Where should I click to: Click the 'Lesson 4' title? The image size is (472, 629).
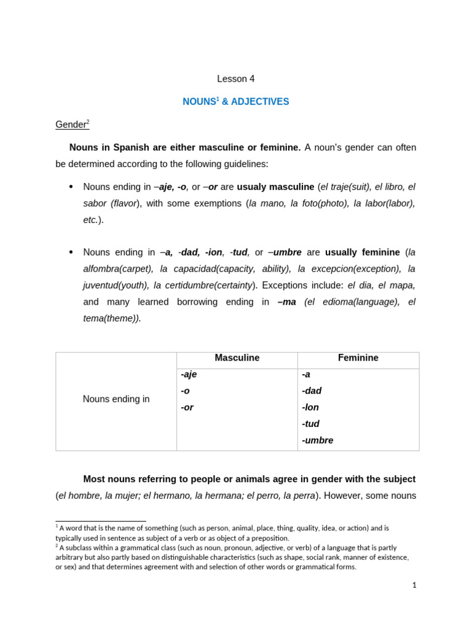pyautogui.click(x=235, y=79)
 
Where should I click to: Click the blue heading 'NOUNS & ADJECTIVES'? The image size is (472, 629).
pyautogui.click(x=235, y=102)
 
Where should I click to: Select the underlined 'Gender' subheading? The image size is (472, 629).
pyautogui.click(x=71, y=125)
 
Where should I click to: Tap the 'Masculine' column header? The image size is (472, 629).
pyautogui.click(x=237, y=358)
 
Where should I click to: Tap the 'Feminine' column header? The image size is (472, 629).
pyautogui.click(x=358, y=358)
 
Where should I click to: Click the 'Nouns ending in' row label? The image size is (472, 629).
pyautogui.click(x=116, y=399)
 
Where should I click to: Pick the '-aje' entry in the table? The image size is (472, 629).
pyautogui.click(x=189, y=374)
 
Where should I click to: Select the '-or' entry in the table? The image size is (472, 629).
pyautogui.click(x=187, y=407)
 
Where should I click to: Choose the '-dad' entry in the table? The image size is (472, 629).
pyautogui.click(x=312, y=391)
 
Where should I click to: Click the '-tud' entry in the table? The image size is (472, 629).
pyautogui.click(x=310, y=424)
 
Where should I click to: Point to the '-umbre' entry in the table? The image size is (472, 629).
pyautogui.click(x=317, y=440)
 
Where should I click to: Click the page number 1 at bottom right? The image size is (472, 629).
pyautogui.click(x=414, y=585)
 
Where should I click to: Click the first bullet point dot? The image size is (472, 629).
pyautogui.click(x=71, y=187)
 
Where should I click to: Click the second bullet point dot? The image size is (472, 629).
pyautogui.click(x=71, y=252)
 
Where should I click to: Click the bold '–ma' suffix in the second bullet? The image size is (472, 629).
pyautogui.click(x=287, y=302)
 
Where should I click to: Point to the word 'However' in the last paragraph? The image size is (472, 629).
pyautogui.click(x=342, y=496)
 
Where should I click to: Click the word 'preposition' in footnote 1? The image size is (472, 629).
pyautogui.click(x=268, y=538)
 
